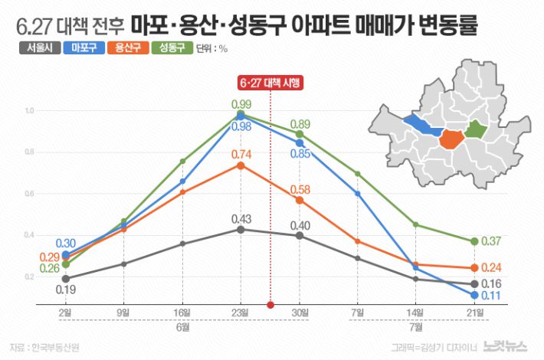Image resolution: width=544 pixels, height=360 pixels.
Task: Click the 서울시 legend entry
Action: tap(39, 48)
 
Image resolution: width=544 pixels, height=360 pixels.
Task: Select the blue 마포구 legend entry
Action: tap(84, 48)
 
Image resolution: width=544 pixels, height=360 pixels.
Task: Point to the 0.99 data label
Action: tap(241, 104)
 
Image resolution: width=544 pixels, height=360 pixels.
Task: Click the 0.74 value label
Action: tap(241, 155)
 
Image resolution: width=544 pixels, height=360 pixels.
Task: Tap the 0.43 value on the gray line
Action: tap(241, 219)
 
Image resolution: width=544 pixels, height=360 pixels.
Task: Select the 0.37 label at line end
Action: tap(492, 241)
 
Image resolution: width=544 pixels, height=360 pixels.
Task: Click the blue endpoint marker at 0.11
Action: tap(475, 295)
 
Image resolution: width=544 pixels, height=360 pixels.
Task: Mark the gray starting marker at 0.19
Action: tap(65, 279)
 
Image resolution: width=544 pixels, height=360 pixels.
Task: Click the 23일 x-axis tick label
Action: tap(241, 313)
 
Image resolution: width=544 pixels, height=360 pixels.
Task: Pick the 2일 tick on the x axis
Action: tap(65, 313)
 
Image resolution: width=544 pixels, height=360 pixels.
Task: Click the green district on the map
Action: tap(477, 129)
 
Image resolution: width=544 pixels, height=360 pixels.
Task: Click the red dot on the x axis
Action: tap(270, 304)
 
